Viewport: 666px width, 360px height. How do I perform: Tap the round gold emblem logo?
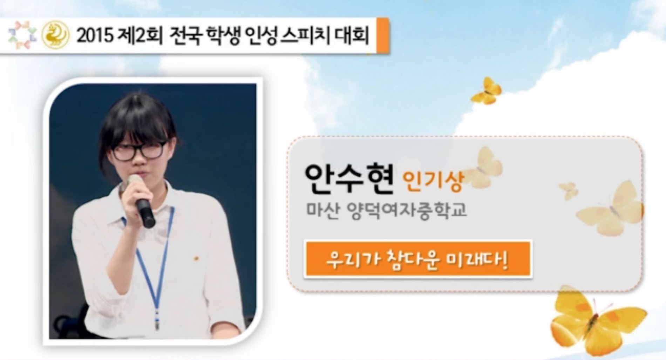pyautogui.click(x=56, y=35)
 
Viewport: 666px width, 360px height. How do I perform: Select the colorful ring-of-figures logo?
pyautogui.click(x=22, y=35)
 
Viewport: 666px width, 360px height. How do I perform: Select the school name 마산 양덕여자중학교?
pyautogui.click(x=387, y=210)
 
